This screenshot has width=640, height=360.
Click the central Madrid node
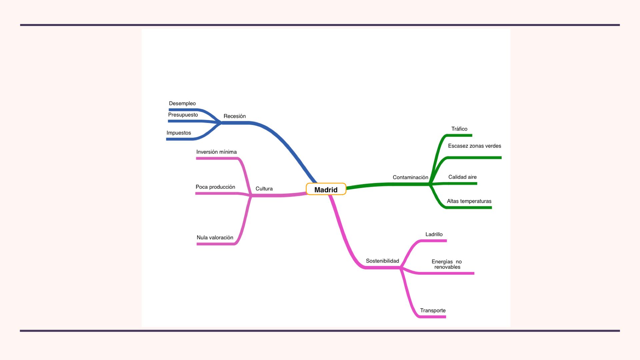click(x=326, y=189)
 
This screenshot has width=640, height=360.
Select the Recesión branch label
click(x=235, y=116)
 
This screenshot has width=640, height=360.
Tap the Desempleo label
click(x=182, y=103)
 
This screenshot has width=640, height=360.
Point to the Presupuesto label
click(x=183, y=115)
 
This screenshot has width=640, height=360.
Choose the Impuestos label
click(x=179, y=133)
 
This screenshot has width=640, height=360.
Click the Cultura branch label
click(x=264, y=189)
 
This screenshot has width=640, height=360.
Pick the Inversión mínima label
click(x=216, y=152)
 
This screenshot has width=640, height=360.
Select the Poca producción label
click(x=215, y=187)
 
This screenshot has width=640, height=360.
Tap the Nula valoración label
click(x=215, y=238)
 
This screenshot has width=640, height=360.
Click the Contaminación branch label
click(x=410, y=177)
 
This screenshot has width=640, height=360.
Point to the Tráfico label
click(x=459, y=129)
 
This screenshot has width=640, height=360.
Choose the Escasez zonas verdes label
click(x=474, y=146)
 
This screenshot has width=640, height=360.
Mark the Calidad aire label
click(x=462, y=177)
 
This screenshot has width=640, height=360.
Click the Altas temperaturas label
click(x=469, y=201)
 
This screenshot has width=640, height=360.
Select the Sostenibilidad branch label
click(x=382, y=261)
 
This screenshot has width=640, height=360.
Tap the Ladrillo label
click(x=434, y=234)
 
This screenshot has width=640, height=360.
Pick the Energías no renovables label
click(x=447, y=264)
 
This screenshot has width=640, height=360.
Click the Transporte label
click(x=433, y=311)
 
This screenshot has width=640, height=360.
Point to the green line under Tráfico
click(x=460, y=135)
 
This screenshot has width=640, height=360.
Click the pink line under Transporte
click(x=433, y=317)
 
